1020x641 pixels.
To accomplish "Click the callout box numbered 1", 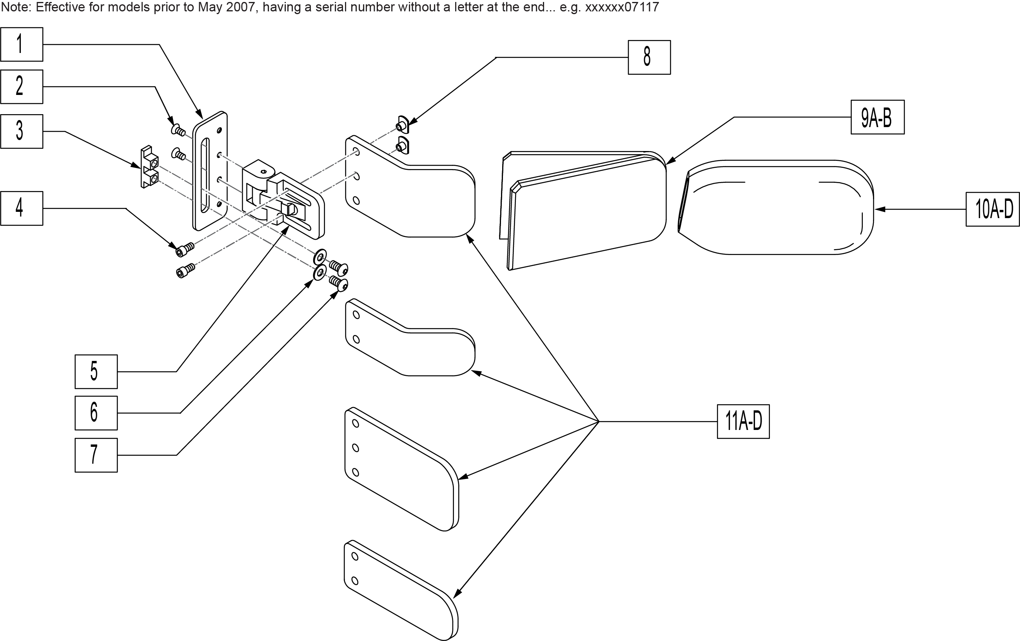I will [x=22, y=44].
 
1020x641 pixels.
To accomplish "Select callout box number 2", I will [x=22, y=86].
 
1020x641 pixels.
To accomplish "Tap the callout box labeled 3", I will [x=22, y=131].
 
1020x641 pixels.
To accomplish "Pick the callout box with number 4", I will [x=22, y=208].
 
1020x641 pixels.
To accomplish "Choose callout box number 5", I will [x=96, y=371].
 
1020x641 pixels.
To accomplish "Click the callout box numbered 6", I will [x=96, y=413].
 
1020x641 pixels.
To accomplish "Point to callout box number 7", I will [x=96, y=455].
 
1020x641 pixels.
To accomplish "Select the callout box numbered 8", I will [x=649, y=57].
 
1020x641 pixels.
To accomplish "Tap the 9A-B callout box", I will [x=877, y=117].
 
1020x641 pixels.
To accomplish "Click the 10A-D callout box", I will [x=993, y=209].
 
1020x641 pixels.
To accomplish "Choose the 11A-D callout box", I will [x=743, y=421].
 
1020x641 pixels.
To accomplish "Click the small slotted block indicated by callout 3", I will [x=149, y=167].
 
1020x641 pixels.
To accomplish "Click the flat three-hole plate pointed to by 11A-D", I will [x=400, y=468].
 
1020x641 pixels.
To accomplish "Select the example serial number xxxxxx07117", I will [x=622, y=7].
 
